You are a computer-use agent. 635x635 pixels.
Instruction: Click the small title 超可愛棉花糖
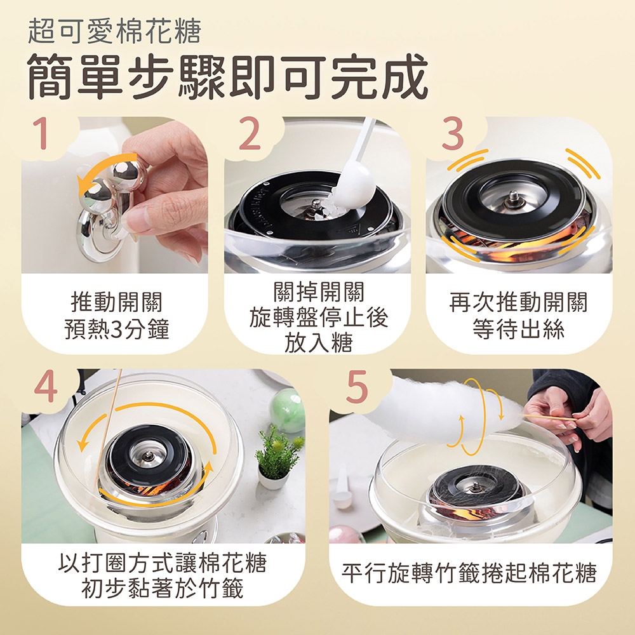(114, 31)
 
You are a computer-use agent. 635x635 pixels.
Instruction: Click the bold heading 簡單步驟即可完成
(227, 77)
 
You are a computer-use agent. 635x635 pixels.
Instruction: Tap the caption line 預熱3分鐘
(117, 329)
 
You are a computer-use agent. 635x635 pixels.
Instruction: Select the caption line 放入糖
(318, 342)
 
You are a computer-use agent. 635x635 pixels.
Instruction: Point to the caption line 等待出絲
(518, 329)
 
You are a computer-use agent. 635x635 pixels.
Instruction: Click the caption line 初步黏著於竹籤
(162, 588)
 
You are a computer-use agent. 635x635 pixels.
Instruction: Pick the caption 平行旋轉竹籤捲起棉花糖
(469, 573)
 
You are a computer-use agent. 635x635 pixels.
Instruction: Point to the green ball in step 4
(288, 409)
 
